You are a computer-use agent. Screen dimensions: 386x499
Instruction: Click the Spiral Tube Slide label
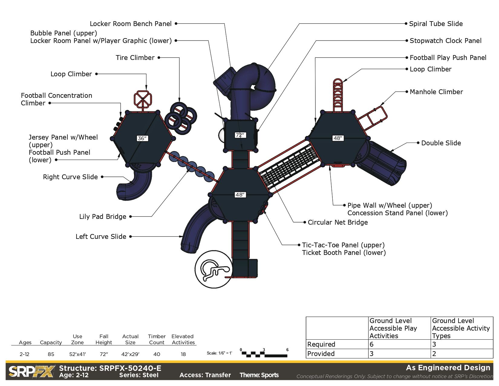(x=435, y=24)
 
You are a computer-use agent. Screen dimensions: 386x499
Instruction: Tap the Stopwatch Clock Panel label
(x=445, y=41)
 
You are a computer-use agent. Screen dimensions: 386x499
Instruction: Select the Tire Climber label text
(x=135, y=58)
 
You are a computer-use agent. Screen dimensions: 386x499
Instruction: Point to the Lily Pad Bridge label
(x=103, y=216)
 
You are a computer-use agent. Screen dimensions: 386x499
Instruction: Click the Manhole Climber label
(x=436, y=92)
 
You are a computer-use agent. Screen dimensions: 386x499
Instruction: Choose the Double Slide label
(x=441, y=143)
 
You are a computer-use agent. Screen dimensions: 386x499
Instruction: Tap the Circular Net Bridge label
(x=338, y=222)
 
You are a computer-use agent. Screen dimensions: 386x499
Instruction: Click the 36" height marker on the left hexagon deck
(x=142, y=138)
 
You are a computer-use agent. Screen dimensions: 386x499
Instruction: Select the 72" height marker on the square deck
(x=240, y=135)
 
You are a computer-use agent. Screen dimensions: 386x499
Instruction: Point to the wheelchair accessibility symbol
(x=214, y=269)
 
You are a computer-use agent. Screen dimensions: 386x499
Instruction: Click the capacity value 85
(x=51, y=354)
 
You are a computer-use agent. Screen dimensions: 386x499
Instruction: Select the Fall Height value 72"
(x=104, y=354)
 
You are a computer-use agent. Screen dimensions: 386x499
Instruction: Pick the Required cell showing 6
(x=372, y=344)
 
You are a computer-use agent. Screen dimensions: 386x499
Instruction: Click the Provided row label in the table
(x=321, y=354)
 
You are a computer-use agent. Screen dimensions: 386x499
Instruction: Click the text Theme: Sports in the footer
(x=259, y=375)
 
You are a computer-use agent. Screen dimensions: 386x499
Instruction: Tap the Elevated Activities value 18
(x=183, y=354)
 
